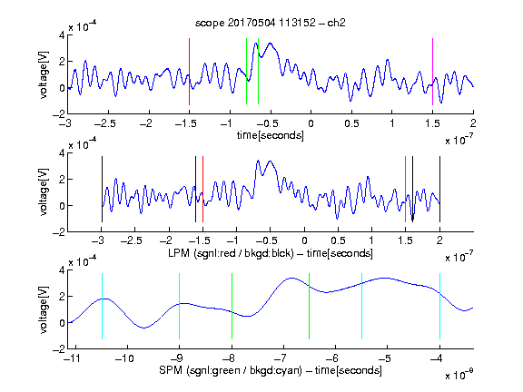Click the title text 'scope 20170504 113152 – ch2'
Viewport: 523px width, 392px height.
[271, 23]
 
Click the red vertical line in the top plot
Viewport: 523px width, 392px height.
[189, 72]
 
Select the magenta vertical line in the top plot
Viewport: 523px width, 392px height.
[432, 72]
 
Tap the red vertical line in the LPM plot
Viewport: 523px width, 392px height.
[202, 189]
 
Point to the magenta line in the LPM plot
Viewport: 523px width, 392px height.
[405, 189]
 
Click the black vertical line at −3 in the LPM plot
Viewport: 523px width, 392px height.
[102, 189]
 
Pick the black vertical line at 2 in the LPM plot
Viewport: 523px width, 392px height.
[439, 189]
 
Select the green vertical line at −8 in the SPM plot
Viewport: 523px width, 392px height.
[232, 307]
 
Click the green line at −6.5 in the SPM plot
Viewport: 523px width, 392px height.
[310, 307]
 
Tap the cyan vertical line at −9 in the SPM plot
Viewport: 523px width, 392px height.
[179, 307]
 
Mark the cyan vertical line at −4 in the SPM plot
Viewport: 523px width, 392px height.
[439, 307]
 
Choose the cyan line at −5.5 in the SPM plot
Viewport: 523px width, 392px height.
[362, 307]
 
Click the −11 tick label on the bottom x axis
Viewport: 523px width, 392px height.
[72, 358]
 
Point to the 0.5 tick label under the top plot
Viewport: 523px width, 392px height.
[351, 123]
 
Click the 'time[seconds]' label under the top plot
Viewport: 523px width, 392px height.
[271, 135]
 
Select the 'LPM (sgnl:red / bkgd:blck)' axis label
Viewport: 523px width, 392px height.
[231, 253]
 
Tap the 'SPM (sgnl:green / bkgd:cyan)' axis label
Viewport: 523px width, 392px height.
[231, 370]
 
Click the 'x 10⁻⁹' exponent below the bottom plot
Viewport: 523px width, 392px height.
[459, 374]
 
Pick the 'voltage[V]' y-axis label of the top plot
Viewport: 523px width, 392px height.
[44, 74]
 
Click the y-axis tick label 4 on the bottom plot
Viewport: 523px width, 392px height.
[62, 270]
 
